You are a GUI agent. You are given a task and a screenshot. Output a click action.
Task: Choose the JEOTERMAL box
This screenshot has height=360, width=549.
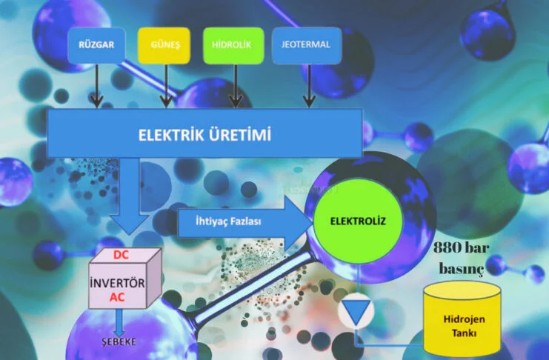pos(307,45)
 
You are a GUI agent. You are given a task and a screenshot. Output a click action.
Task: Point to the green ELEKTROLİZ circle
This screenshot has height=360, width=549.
pos(359,220)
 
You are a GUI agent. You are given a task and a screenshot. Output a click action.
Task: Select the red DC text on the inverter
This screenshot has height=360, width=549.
pos(122,255)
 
